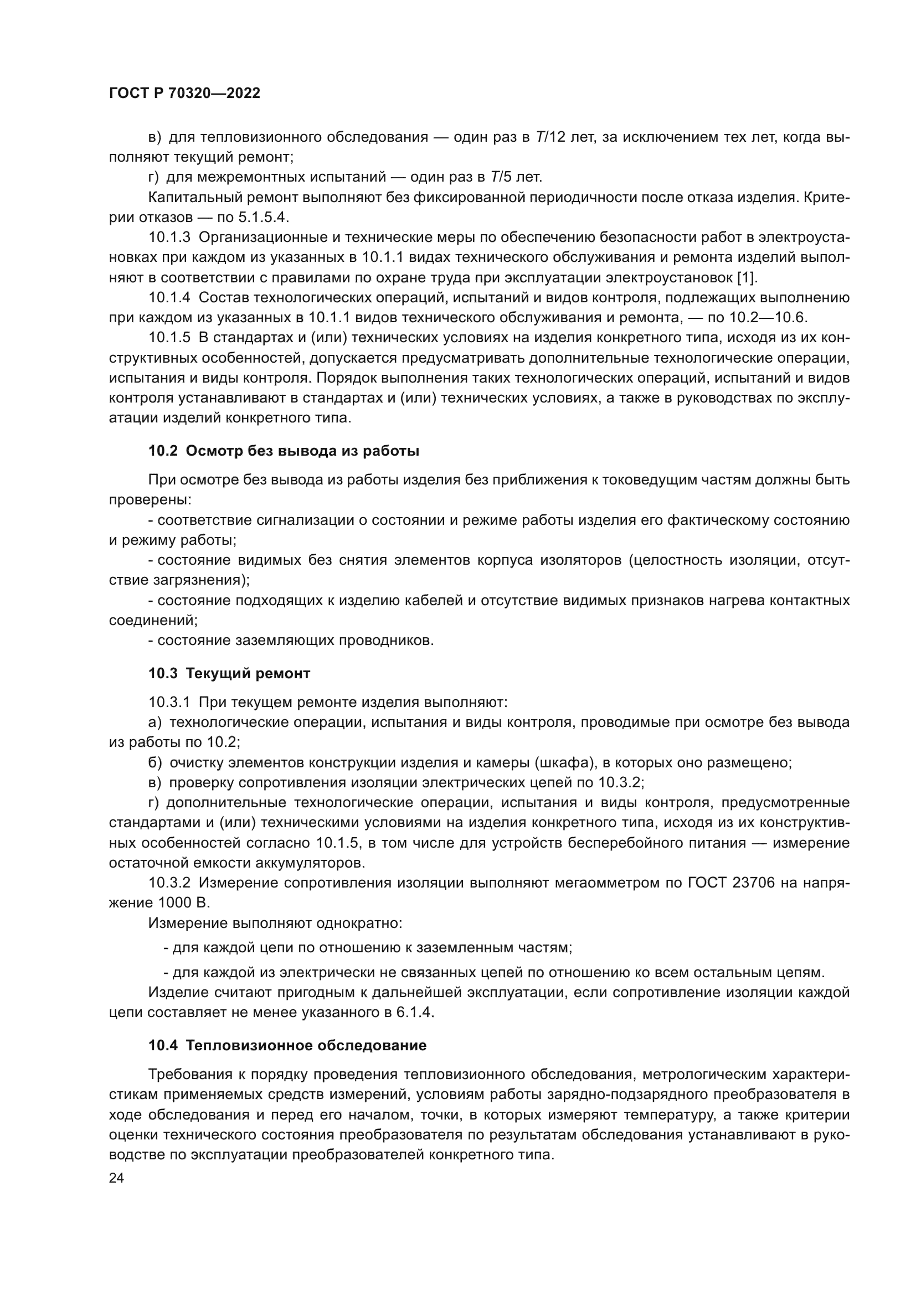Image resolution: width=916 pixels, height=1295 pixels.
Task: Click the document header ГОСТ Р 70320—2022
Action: pos(184,94)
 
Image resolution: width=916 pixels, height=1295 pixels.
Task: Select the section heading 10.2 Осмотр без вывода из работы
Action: pos(284,451)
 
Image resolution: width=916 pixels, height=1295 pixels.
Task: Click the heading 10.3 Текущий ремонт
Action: pos(230,673)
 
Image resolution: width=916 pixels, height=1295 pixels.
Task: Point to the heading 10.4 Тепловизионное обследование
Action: pos(287,1045)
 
